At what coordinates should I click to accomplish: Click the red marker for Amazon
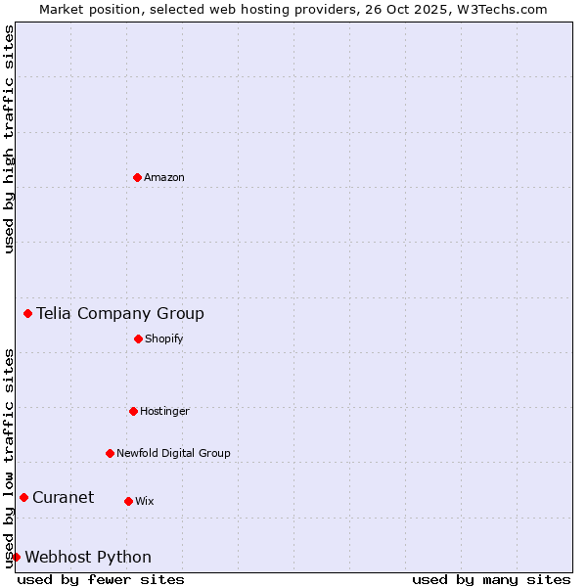pos(137,177)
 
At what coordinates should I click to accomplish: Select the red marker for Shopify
pos(138,339)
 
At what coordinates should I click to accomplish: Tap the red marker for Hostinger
pos(133,411)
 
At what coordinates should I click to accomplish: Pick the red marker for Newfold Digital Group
pos(110,453)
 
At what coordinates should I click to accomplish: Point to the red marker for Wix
pos(128,501)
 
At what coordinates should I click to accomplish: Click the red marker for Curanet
pos(23,497)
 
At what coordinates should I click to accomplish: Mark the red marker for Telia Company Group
pos(27,313)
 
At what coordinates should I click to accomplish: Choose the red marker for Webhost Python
pos(16,557)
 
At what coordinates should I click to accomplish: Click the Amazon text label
pos(164,177)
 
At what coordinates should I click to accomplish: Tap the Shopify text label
pos(164,339)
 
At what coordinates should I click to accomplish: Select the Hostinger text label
pos(164,411)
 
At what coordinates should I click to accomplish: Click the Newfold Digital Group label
pos(173,453)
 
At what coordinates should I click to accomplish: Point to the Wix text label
pos(145,501)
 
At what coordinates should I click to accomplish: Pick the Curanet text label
pos(63,497)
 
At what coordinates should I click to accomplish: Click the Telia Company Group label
pos(120,313)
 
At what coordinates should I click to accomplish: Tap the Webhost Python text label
pos(88,557)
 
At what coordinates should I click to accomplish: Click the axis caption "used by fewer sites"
pos(101,579)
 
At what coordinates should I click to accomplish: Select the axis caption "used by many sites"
pos(491,579)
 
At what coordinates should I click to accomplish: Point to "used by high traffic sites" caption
pos(9,139)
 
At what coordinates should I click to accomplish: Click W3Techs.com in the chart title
pos(499,9)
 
